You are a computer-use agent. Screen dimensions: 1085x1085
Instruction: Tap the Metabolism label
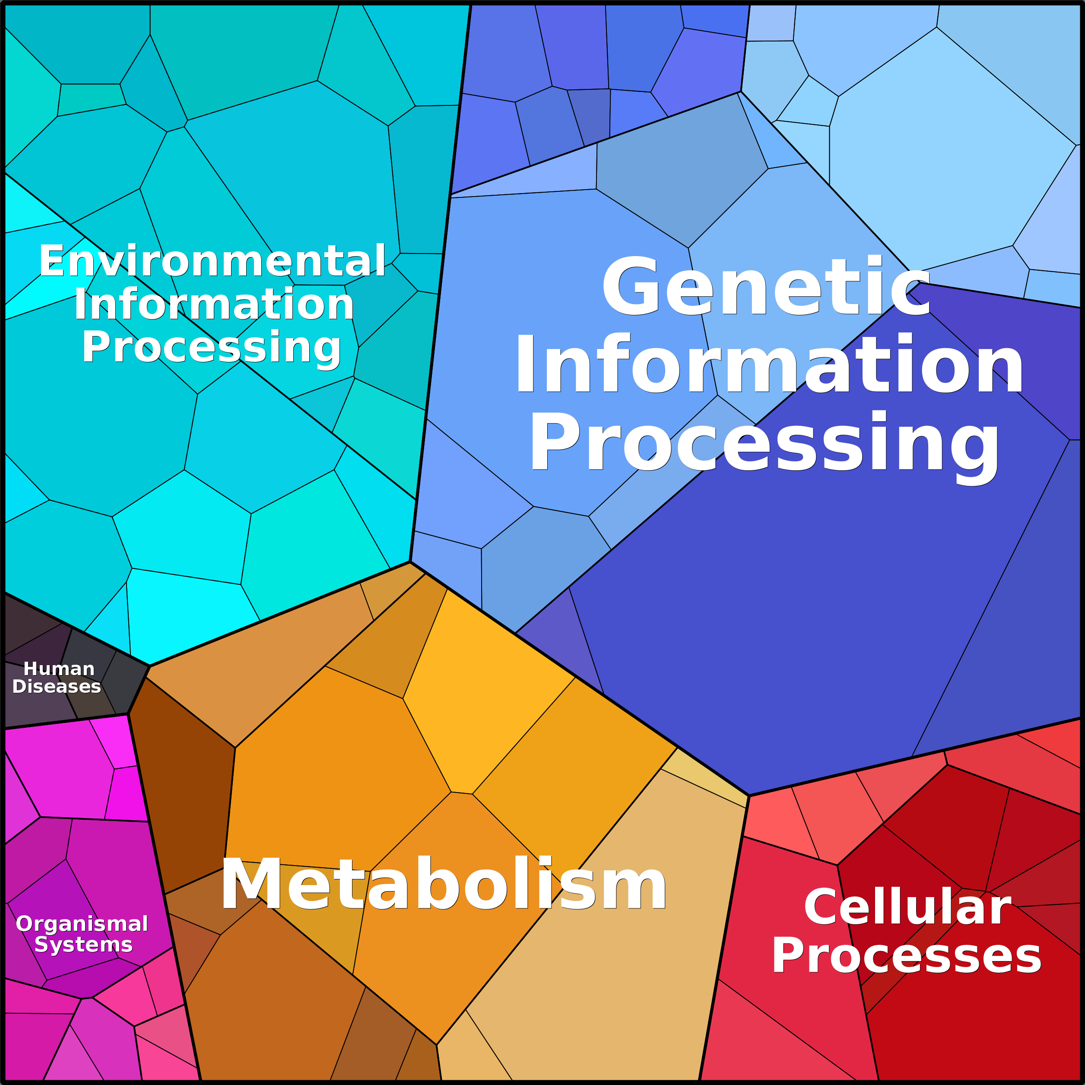tap(444, 885)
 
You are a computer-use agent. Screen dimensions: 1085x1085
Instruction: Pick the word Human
tap(59, 669)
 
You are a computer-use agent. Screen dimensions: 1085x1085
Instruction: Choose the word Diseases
tap(57, 686)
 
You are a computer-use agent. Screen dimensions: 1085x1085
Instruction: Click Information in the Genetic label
tap(769, 364)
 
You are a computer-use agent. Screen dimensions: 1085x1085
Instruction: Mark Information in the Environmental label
tap(214, 304)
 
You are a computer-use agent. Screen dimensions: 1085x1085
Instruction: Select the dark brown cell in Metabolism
tap(180, 780)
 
